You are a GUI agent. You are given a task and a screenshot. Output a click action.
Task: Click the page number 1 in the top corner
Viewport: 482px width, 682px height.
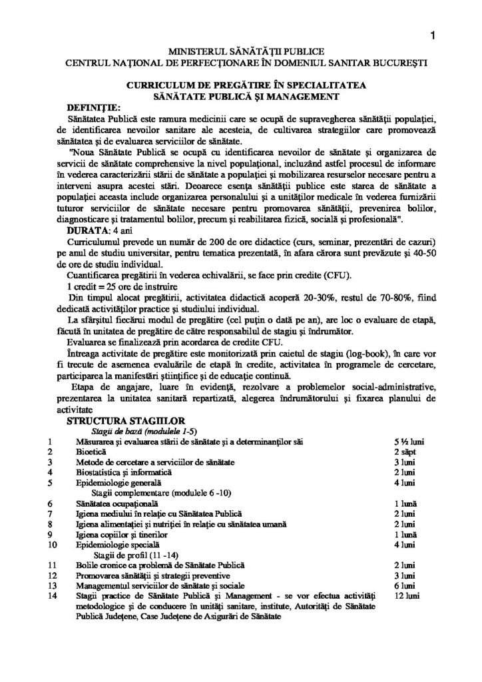tap(433, 37)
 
